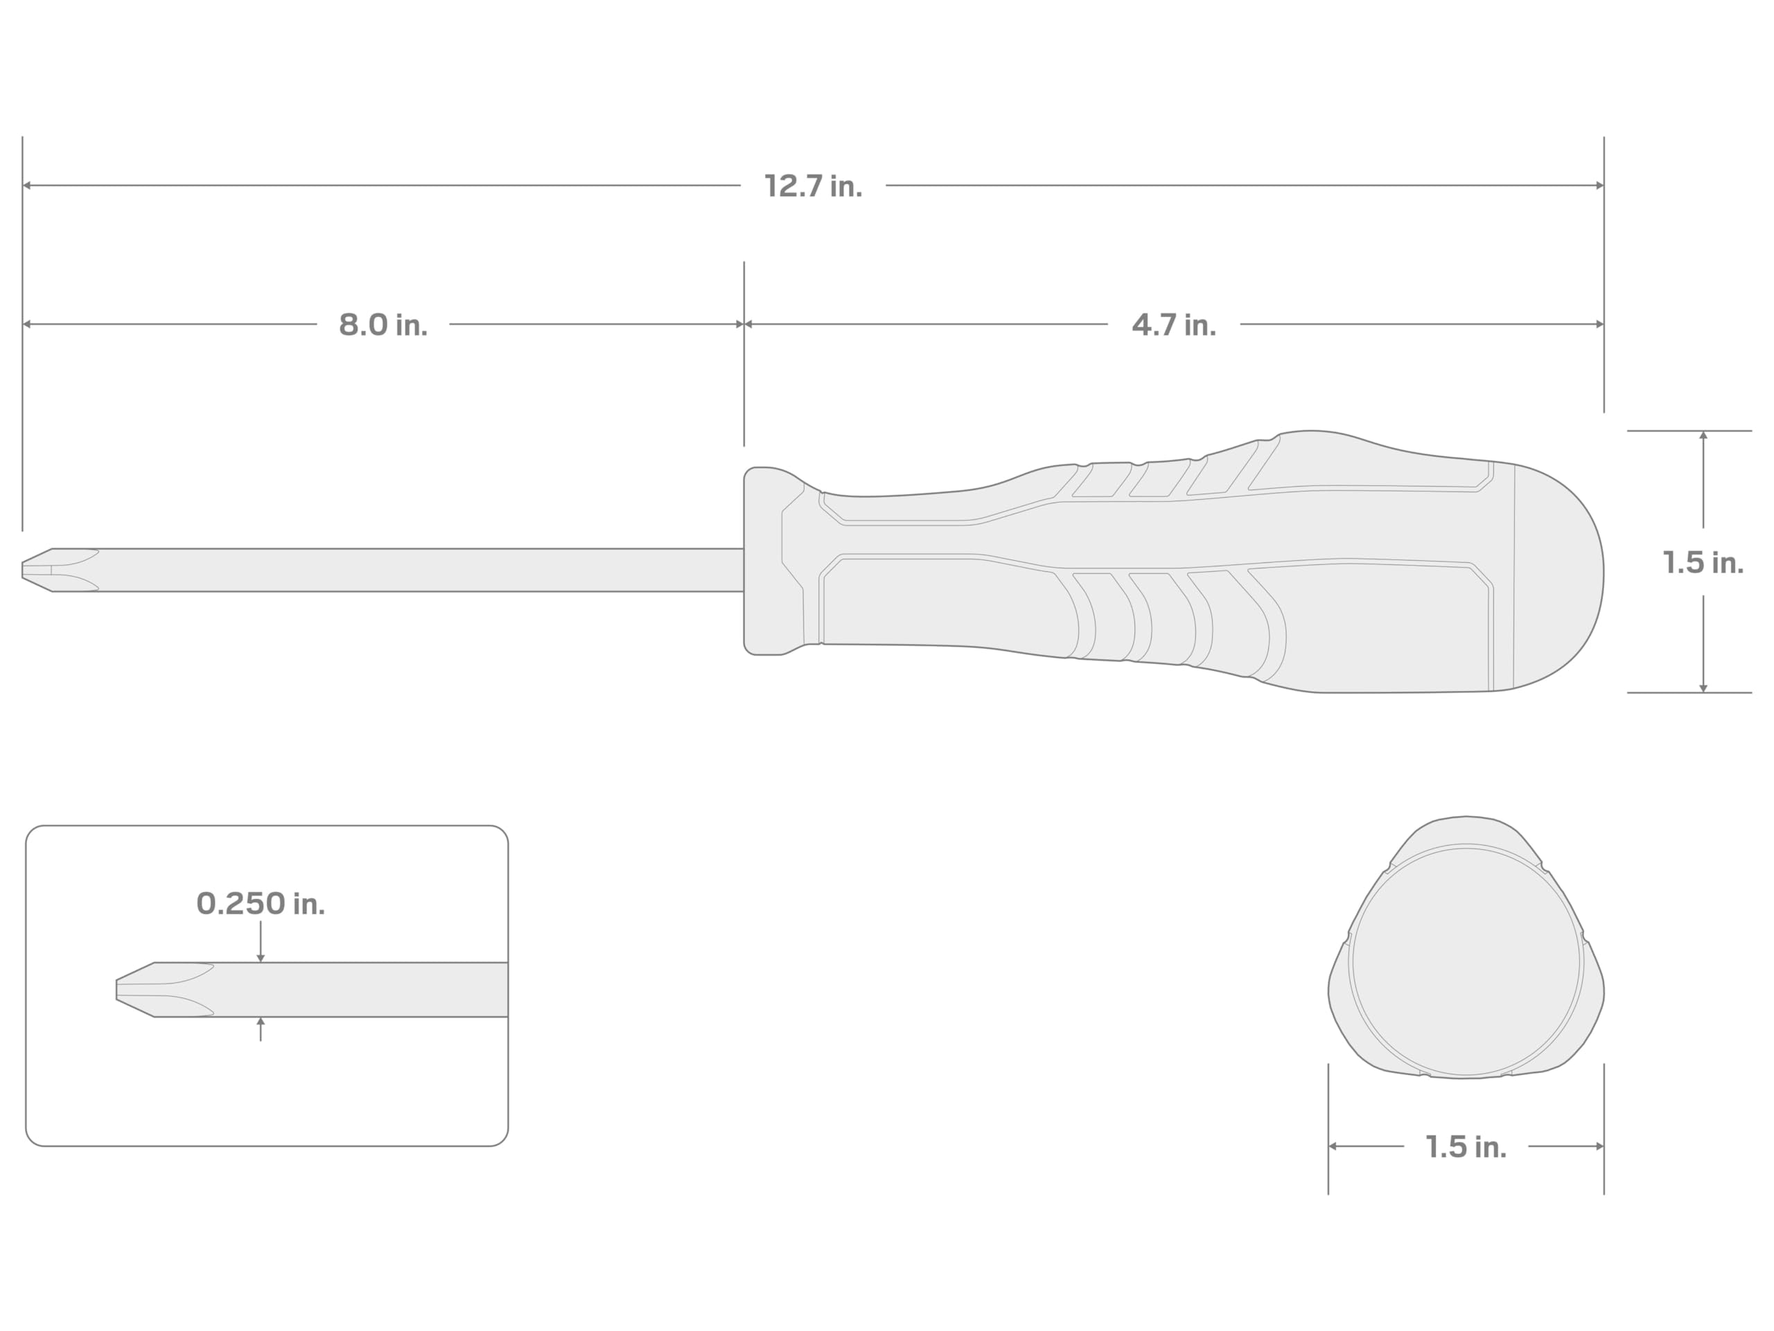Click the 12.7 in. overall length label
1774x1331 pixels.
pyautogui.click(x=814, y=186)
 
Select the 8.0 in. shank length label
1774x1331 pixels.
pyautogui.click(x=383, y=325)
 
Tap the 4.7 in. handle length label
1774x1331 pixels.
pyautogui.click(x=1173, y=325)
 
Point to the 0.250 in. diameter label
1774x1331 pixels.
pyautogui.click(x=261, y=904)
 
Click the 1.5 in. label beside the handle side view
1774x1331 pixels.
pyautogui.click(x=1703, y=562)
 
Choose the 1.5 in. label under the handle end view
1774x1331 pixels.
pyautogui.click(x=1466, y=1147)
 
